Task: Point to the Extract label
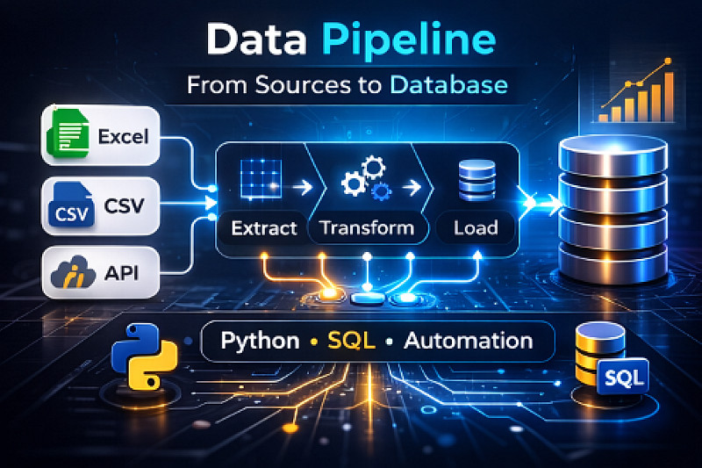click(263, 228)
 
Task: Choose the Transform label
click(367, 228)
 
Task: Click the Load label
click(476, 228)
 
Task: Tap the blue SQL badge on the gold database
click(624, 378)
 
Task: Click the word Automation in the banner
click(467, 341)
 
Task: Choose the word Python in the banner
click(260, 341)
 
